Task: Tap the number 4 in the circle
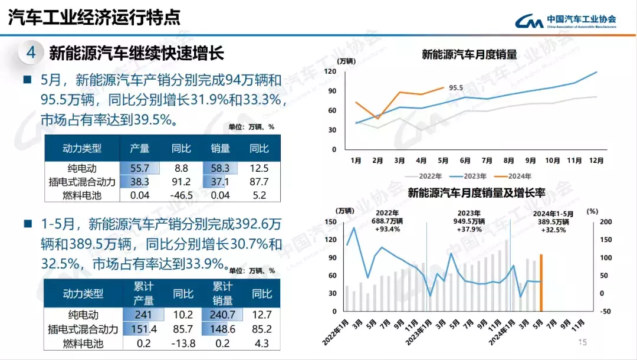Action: click(x=31, y=53)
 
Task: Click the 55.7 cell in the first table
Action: click(x=140, y=169)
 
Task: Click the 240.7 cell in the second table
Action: click(x=224, y=315)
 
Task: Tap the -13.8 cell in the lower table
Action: click(x=183, y=342)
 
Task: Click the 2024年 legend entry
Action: click(x=514, y=176)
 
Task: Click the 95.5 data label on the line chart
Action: click(x=456, y=88)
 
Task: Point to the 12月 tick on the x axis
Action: click(x=596, y=161)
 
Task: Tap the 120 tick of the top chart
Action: click(x=330, y=72)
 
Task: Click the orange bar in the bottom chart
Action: click(x=541, y=283)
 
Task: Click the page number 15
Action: click(x=583, y=342)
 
